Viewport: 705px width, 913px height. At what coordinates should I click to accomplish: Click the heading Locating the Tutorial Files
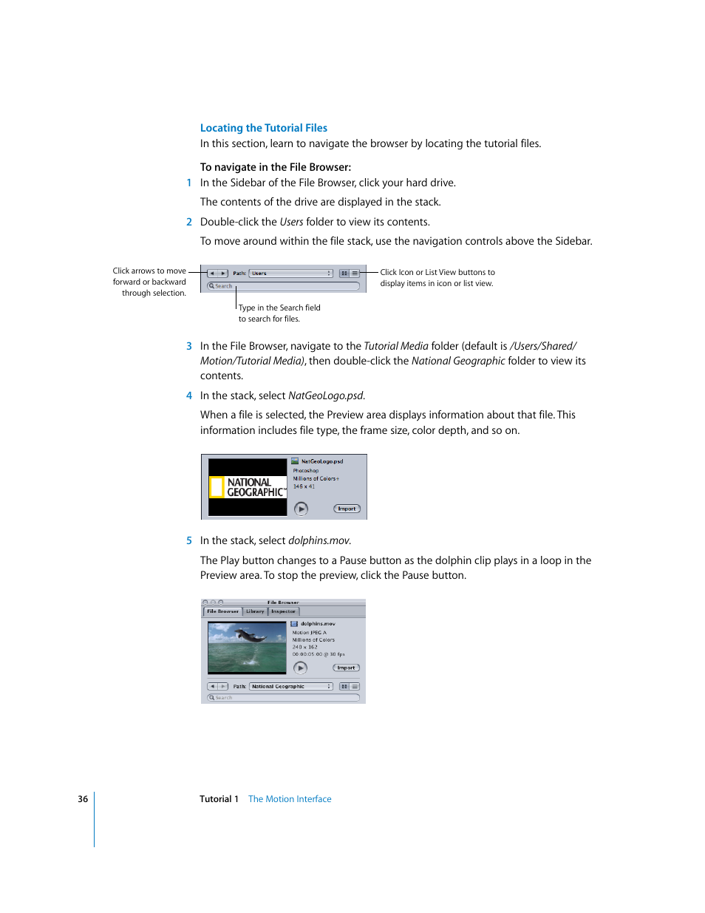[x=263, y=128]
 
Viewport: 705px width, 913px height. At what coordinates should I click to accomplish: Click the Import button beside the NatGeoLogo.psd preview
[x=347, y=509]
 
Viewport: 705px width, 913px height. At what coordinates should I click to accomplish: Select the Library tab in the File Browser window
[x=255, y=611]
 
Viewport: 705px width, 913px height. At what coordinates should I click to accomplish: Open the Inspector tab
[x=283, y=611]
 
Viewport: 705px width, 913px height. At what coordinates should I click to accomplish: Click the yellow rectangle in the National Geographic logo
[x=217, y=487]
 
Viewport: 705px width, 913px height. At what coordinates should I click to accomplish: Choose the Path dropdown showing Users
[x=290, y=274]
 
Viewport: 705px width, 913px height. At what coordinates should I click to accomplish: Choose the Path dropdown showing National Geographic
[x=290, y=687]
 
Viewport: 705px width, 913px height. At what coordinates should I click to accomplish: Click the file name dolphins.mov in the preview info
[x=318, y=624]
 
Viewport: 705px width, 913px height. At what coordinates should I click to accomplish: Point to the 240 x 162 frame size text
[x=304, y=647]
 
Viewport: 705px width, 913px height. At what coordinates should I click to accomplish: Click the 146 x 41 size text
[x=304, y=486]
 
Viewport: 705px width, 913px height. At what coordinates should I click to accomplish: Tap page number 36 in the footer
[x=83, y=799]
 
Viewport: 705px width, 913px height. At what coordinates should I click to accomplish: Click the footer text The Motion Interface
[x=290, y=799]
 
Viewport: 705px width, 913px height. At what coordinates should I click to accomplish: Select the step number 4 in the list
[x=189, y=396]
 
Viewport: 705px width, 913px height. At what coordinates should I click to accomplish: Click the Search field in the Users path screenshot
[x=285, y=286]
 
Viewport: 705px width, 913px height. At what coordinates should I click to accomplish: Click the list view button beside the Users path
[x=355, y=274]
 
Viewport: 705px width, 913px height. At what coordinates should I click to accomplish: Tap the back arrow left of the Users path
[x=212, y=274]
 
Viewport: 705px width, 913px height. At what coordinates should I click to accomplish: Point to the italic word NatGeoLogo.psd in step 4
[x=325, y=396]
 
